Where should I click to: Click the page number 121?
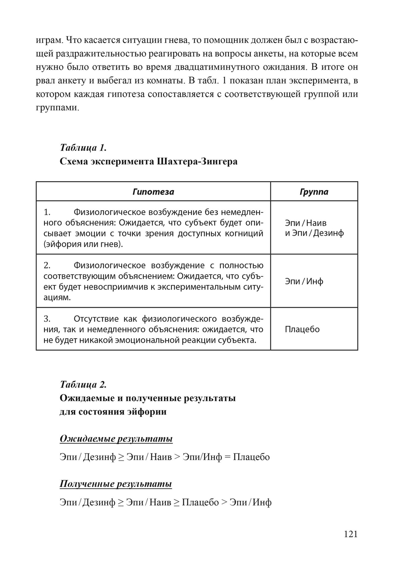350,534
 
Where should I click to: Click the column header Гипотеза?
153,192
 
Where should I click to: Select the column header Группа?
314,192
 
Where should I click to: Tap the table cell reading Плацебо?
302,329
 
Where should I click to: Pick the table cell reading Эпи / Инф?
304,281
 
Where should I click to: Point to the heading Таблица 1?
83,148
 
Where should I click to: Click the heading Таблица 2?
83,384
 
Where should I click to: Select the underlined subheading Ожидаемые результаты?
116,438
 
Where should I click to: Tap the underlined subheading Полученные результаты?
116,483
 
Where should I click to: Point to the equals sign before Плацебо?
228,457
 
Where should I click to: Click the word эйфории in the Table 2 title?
147,412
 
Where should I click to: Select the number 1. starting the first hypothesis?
47,212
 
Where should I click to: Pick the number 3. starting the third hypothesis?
47,318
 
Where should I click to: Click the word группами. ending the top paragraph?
58,108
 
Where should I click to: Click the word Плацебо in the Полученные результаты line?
201,502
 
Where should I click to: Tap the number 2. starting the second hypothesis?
47,266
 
